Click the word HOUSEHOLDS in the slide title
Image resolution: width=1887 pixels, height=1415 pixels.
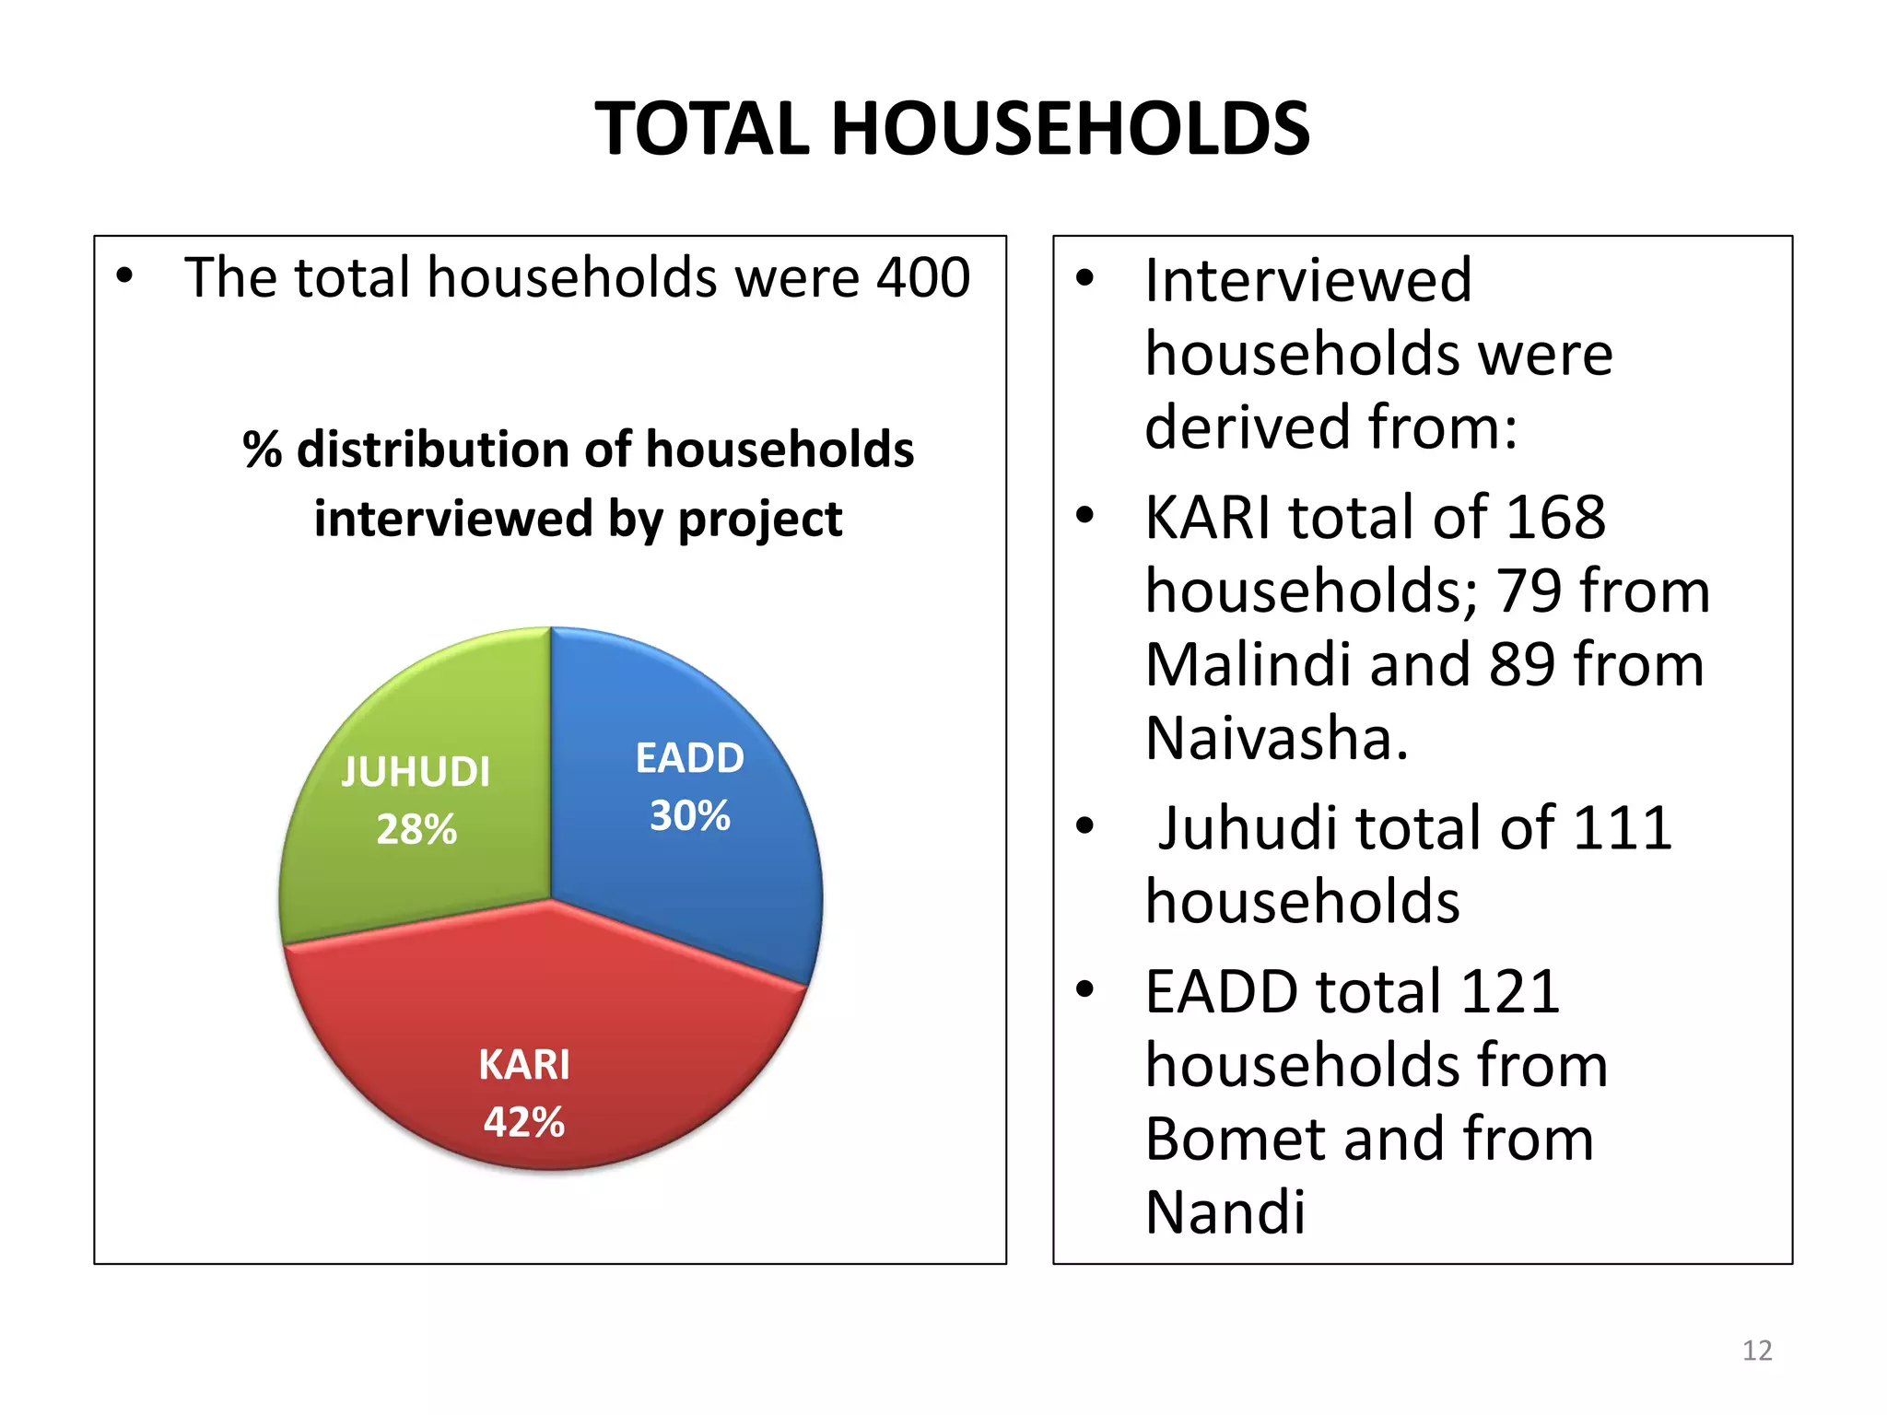[x=1071, y=129]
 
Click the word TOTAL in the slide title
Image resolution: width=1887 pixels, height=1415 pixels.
[x=702, y=129]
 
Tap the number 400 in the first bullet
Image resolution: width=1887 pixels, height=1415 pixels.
[x=923, y=277]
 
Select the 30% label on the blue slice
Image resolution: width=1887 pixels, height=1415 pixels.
[x=689, y=816]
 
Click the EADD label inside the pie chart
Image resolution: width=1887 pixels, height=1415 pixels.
[x=689, y=758]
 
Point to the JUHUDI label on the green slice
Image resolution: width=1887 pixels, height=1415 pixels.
[x=416, y=772]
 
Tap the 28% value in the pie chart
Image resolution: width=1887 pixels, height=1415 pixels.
[x=416, y=830]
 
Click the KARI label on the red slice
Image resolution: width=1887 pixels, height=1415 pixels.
[x=524, y=1065]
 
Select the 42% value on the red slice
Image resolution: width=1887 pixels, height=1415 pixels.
[x=524, y=1123]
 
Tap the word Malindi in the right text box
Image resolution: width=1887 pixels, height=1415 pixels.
[x=1249, y=665]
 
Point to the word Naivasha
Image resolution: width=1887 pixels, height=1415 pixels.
[x=1276, y=739]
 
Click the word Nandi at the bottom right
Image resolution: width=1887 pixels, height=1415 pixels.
[x=1225, y=1212]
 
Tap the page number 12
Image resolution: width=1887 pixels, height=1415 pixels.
[x=1757, y=1351]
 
